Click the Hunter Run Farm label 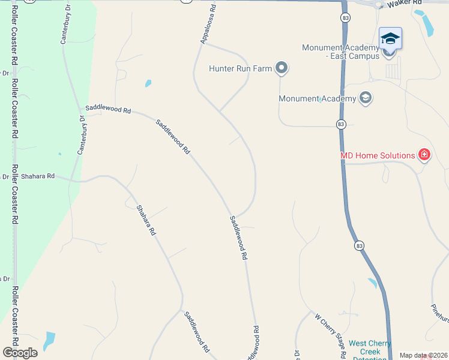click(240, 68)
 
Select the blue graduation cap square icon click(390, 38)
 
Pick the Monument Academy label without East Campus click(318, 98)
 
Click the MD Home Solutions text click(378, 155)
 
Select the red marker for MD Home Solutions click(424, 155)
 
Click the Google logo click(20, 353)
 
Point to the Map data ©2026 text click(424, 355)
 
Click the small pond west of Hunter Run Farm click(148, 84)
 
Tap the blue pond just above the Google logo click(49, 340)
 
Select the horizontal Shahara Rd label click(38, 176)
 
